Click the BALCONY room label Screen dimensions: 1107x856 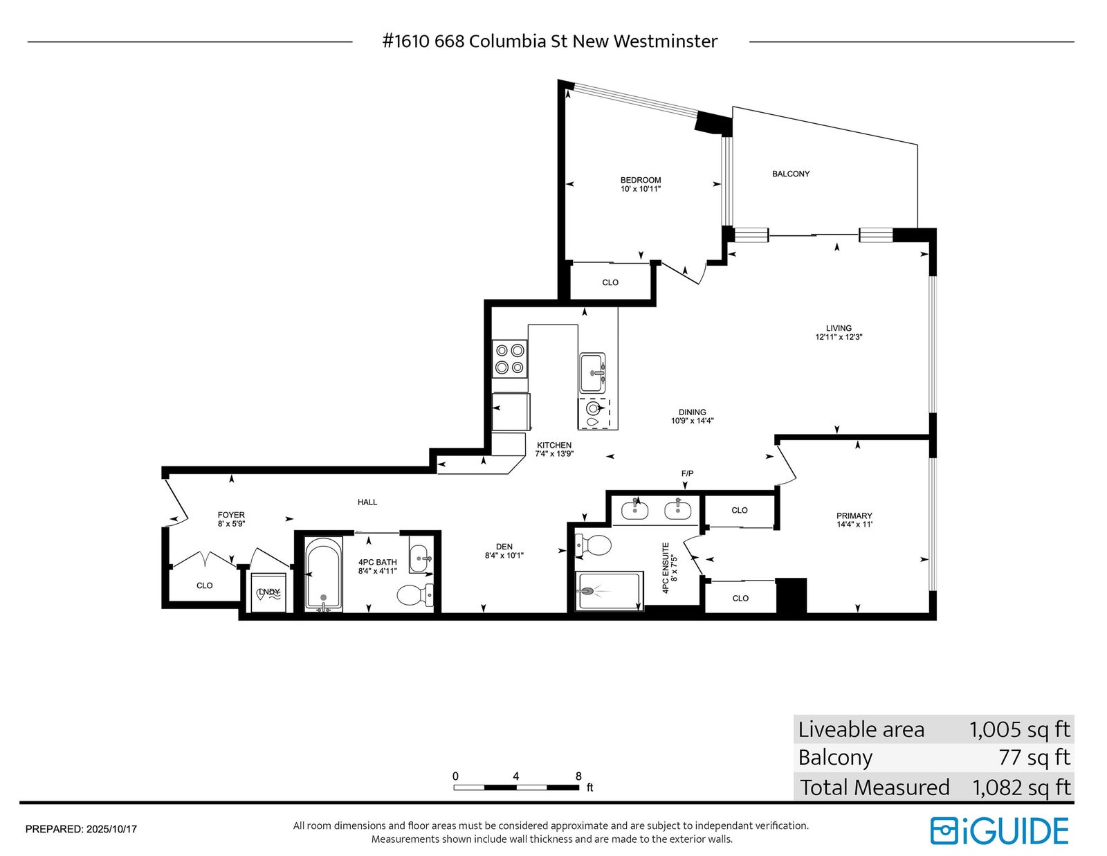pos(791,174)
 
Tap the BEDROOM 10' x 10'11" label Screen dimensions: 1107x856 pos(641,185)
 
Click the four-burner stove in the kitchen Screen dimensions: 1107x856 pos(509,358)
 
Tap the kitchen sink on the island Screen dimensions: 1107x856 pos(592,372)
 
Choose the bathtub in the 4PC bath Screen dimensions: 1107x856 pos(324,573)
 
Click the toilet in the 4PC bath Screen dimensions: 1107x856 pos(414,594)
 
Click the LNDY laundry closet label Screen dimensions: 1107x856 pos(268,592)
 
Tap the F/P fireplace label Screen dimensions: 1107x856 pos(687,474)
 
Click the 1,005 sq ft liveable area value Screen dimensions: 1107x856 pos(1019,729)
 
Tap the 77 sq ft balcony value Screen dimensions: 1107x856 pos(1034,757)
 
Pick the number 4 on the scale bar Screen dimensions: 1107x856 pos(516,776)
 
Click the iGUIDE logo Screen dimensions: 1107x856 pos(1000,831)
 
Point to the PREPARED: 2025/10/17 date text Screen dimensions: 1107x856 pos(81,830)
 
